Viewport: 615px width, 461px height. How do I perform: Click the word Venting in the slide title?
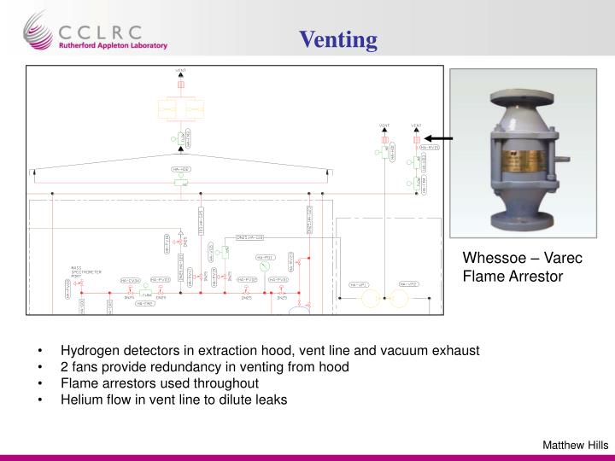[337, 39]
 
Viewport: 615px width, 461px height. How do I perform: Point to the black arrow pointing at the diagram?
[440, 137]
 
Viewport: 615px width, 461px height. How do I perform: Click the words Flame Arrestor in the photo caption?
[513, 276]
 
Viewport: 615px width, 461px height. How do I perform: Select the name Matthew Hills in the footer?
[576, 443]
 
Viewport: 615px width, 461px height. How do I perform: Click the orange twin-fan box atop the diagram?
[181, 109]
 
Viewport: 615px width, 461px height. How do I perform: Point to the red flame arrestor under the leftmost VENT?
[181, 85]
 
